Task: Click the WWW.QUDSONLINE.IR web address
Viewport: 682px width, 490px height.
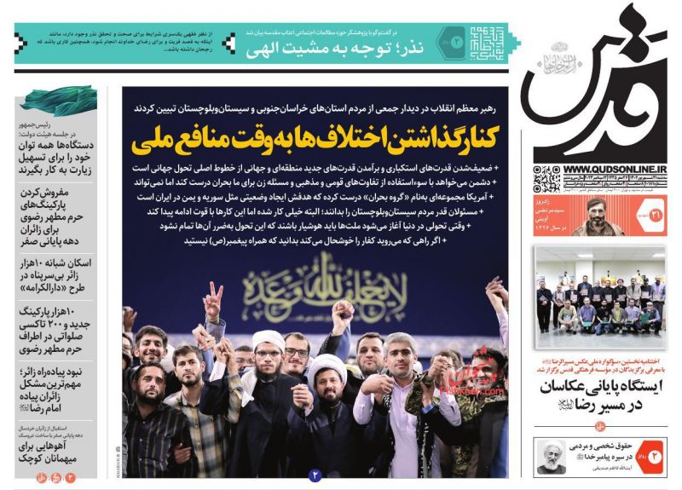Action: (x=615, y=168)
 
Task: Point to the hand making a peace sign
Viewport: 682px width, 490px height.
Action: (x=214, y=299)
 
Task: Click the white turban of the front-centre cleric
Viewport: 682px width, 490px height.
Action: (x=331, y=369)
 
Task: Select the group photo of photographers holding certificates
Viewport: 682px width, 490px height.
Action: (x=600, y=303)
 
